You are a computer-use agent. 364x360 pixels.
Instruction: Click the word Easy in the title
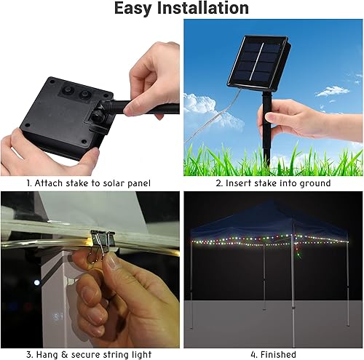coord(135,9)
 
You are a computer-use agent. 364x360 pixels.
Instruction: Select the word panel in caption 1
coord(135,183)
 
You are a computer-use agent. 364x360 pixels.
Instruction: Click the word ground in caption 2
coord(314,183)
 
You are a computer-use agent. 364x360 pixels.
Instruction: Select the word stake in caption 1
coord(76,183)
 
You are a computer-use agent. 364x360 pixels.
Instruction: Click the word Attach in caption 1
coord(50,183)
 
